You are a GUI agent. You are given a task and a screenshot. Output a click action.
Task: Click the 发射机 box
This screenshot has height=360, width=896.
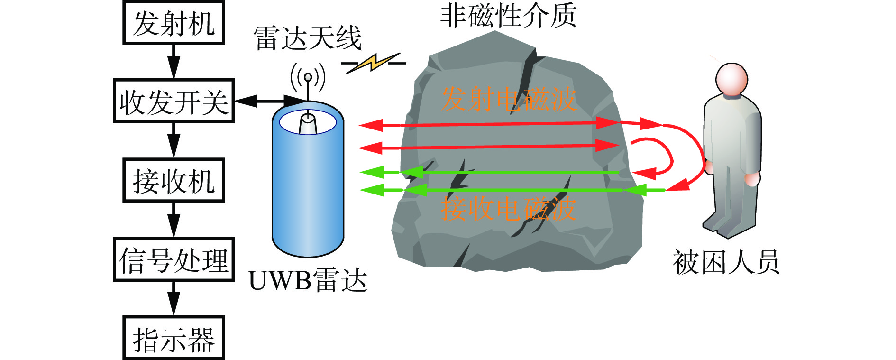coord(174,23)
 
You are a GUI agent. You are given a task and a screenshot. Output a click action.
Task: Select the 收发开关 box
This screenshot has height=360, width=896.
coord(174,101)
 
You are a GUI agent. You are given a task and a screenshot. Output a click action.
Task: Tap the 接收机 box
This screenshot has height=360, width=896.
coord(174,181)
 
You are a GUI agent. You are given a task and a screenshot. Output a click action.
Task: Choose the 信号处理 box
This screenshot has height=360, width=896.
coord(174,259)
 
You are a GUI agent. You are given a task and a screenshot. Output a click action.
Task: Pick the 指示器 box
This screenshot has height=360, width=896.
coord(174,338)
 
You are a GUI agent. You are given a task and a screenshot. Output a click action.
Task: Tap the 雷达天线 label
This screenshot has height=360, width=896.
coord(308,38)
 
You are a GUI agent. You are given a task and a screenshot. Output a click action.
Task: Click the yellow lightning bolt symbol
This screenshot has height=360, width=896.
coord(374,63)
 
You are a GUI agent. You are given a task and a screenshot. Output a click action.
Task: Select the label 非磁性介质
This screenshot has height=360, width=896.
coord(508,15)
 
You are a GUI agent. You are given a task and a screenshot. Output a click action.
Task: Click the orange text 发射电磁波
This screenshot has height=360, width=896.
coord(508,100)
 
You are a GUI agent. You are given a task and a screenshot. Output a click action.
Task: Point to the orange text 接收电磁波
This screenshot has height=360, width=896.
coord(508,209)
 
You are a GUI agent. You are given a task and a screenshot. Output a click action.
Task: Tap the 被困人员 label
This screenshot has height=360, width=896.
coord(726,262)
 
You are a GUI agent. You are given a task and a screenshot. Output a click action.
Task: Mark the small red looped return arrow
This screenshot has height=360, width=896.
coord(659,157)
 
